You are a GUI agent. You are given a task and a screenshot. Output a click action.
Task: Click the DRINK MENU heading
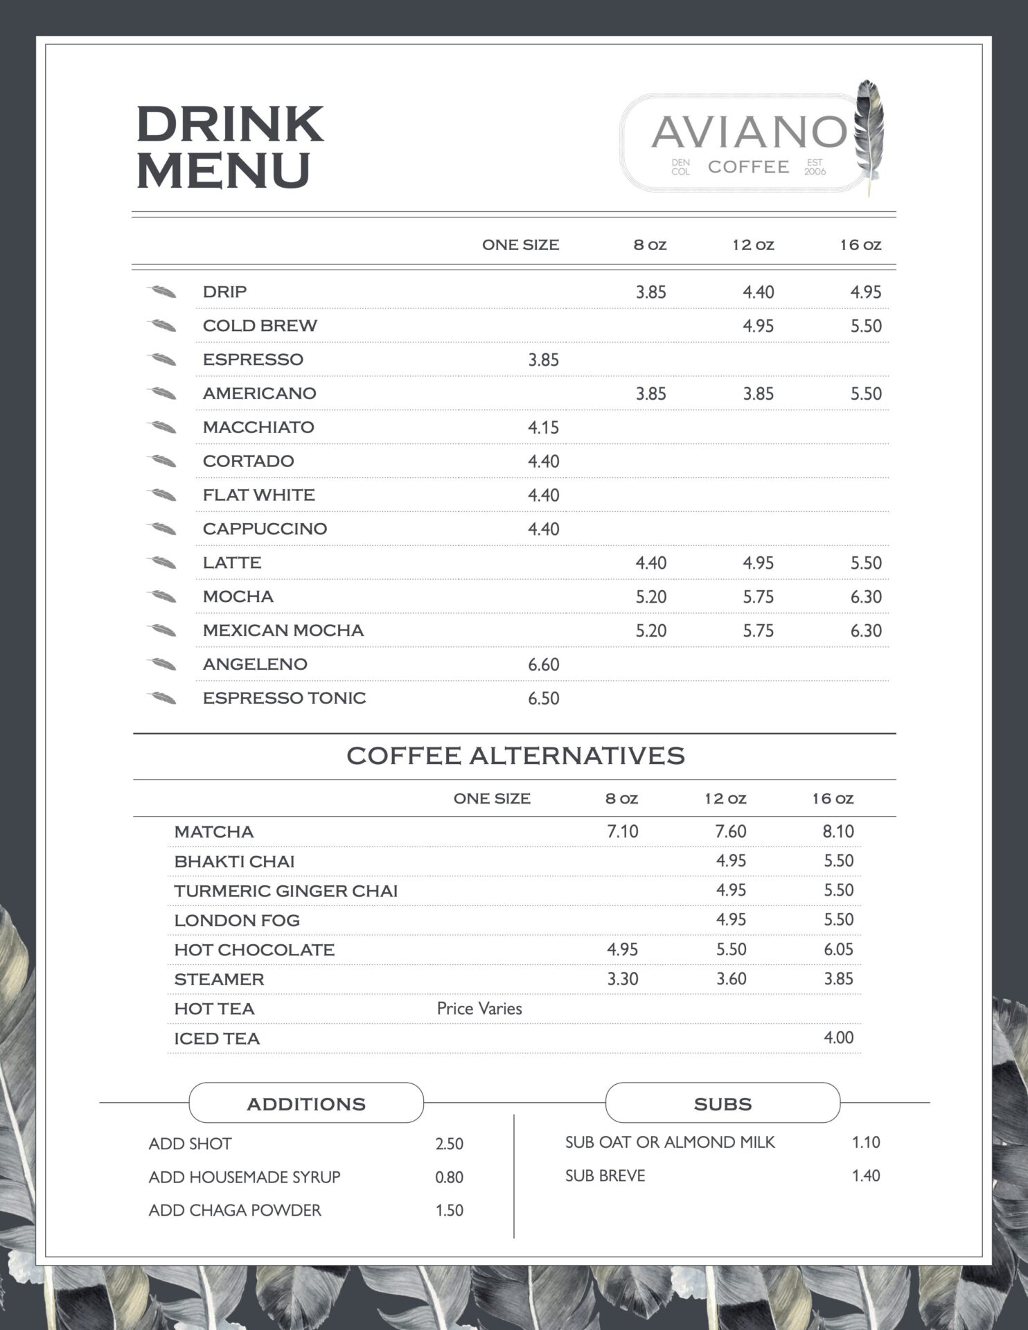(229, 146)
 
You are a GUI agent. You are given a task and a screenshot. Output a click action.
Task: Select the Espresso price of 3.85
(543, 360)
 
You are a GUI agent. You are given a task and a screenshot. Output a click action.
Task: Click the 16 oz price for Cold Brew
(866, 326)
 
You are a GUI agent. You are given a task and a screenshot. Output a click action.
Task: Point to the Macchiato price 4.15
(543, 427)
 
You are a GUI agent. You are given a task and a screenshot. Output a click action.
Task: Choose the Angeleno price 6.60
(543, 665)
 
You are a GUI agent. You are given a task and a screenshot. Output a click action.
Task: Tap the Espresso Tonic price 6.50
(543, 698)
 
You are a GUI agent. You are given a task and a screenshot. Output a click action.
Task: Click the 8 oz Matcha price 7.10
(622, 831)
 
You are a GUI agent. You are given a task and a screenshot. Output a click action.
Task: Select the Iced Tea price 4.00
(838, 1038)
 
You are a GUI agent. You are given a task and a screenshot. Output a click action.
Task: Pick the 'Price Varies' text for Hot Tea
(479, 1009)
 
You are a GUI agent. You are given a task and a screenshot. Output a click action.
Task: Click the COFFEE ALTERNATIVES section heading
(515, 756)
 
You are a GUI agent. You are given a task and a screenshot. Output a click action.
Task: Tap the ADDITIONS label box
(306, 1103)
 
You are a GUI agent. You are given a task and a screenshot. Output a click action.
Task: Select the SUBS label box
(723, 1103)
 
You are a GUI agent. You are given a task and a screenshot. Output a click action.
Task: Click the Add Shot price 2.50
(449, 1144)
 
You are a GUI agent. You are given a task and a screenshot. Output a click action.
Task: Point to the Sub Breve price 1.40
(866, 1176)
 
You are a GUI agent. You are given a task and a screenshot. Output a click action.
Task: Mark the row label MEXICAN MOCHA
(283, 630)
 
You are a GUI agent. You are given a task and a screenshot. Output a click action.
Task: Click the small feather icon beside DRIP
(162, 292)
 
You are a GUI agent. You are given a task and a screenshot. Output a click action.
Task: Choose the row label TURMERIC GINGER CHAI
(285, 891)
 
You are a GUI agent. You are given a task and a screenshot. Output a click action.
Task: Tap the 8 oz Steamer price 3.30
(622, 979)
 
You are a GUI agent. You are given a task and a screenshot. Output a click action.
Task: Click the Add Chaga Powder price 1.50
(449, 1211)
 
